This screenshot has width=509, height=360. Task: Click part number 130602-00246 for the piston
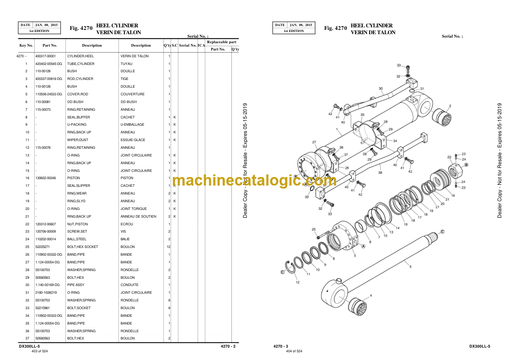[x=45, y=178]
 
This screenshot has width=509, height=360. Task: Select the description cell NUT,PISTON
[x=77, y=224]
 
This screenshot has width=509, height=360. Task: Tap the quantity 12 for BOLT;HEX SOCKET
[x=169, y=247]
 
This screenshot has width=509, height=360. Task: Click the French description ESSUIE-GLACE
[x=133, y=140]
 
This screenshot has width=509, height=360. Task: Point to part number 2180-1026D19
[x=46, y=292]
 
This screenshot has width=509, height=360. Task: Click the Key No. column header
[x=26, y=45]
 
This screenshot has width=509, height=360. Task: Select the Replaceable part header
[x=222, y=42]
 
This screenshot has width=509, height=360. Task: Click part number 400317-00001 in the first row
[x=45, y=56]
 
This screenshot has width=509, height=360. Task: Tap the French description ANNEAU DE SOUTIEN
[x=138, y=216]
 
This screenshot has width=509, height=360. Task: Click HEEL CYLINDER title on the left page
[x=117, y=25]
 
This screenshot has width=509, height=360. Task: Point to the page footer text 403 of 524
[x=40, y=351]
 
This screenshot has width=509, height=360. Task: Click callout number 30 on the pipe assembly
[x=381, y=89]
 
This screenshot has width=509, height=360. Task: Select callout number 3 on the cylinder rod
[x=410, y=266]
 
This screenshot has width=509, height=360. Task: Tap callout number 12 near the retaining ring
[x=297, y=282]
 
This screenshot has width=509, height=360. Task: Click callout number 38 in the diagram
[x=380, y=173]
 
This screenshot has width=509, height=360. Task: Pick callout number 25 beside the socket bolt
[x=314, y=229]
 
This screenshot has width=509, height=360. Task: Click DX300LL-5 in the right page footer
[x=479, y=346]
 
